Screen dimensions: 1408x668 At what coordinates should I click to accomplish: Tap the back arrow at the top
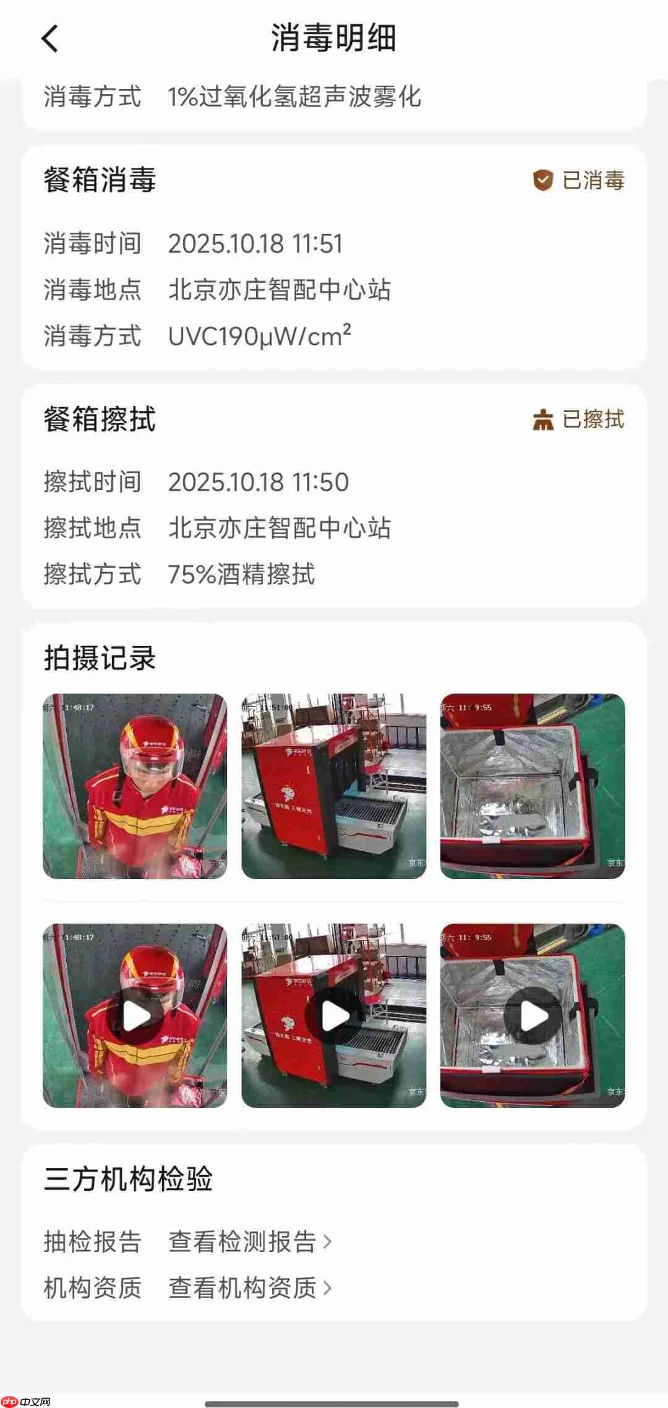[50, 38]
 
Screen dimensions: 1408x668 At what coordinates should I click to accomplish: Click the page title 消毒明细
[333, 38]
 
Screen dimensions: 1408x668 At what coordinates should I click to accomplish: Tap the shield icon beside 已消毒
[542, 181]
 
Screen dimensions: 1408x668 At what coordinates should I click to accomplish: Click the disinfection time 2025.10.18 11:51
[255, 244]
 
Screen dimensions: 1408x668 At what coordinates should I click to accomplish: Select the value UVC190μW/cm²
[259, 336]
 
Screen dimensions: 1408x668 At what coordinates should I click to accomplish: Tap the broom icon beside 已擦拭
[542, 419]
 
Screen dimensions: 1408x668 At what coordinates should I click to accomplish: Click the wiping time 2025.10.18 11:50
[258, 483]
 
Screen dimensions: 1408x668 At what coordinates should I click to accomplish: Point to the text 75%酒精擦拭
[241, 574]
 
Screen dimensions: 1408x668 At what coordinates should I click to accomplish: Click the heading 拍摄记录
[100, 658]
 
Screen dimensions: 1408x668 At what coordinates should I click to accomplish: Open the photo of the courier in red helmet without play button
[135, 786]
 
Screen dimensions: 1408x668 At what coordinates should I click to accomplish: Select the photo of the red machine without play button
[333, 786]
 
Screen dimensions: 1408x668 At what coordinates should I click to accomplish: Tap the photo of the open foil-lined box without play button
[533, 786]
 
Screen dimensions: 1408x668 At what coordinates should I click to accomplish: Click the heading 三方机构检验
[128, 1179]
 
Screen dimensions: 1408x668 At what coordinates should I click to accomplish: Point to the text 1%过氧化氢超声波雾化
[294, 97]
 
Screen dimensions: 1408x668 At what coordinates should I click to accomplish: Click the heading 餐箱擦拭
[100, 419]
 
